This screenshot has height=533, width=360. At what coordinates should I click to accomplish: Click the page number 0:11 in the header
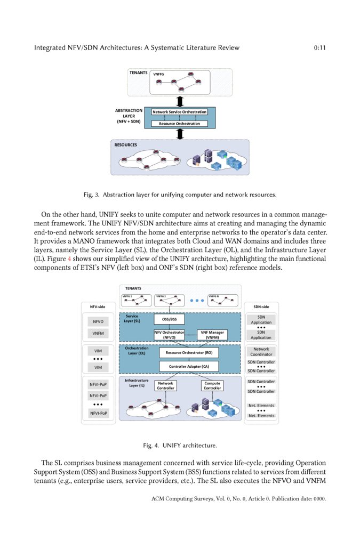pyautogui.click(x=319, y=48)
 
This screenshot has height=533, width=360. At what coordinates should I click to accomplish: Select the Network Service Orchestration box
pyautogui.click(x=179, y=112)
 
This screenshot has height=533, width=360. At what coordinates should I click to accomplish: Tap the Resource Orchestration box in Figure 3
pyautogui.click(x=179, y=124)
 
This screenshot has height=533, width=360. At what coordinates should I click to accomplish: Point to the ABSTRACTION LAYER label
pyautogui.click(x=129, y=116)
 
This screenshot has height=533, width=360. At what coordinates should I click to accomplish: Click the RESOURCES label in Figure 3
pyautogui.click(x=125, y=145)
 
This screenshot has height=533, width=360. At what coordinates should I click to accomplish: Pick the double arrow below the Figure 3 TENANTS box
pyautogui.click(x=180, y=101)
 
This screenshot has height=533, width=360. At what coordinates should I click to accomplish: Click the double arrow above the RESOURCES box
pyautogui.click(x=180, y=134)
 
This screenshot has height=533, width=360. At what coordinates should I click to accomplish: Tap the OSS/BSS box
pyautogui.click(x=170, y=319)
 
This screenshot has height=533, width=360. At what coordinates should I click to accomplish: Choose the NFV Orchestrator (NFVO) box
pyautogui.click(x=169, y=335)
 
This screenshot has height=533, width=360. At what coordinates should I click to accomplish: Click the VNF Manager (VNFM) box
pyautogui.click(x=212, y=335)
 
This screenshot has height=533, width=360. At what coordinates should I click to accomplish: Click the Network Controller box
pyautogui.click(x=165, y=385)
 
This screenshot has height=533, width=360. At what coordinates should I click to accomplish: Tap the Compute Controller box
pyautogui.click(x=212, y=385)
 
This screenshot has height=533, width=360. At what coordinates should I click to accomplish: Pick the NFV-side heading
pyautogui.click(x=98, y=306)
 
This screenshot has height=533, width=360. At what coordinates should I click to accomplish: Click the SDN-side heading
pyautogui.click(x=261, y=306)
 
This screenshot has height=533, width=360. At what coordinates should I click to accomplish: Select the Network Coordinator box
pyautogui.click(x=261, y=351)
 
